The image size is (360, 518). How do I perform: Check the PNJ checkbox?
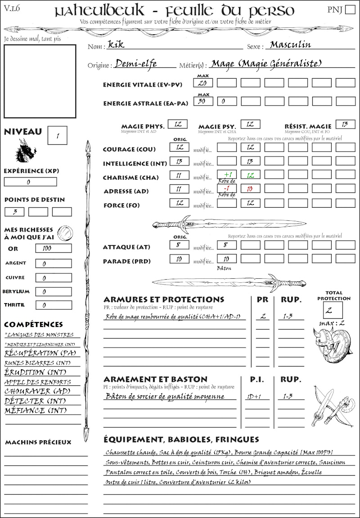click(x=350, y=10)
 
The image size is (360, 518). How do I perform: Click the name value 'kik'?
click(x=113, y=45)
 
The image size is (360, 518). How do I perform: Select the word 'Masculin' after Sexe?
click(x=290, y=45)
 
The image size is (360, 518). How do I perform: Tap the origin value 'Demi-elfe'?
click(x=136, y=64)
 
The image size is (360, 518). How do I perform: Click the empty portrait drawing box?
click(x=40, y=81)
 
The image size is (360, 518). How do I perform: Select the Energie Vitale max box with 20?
click(x=203, y=83)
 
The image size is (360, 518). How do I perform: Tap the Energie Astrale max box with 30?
click(x=203, y=102)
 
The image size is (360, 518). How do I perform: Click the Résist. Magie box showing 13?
click(x=345, y=124)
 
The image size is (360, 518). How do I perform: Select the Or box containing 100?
click(x=53, y=248)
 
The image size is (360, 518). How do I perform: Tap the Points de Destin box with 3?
click(x=14, y=212)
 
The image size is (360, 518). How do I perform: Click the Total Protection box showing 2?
click(x=333, y=310)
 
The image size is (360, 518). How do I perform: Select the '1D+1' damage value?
click(x=252, y=397)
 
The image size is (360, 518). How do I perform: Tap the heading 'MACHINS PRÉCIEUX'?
click(x=38, y=442)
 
